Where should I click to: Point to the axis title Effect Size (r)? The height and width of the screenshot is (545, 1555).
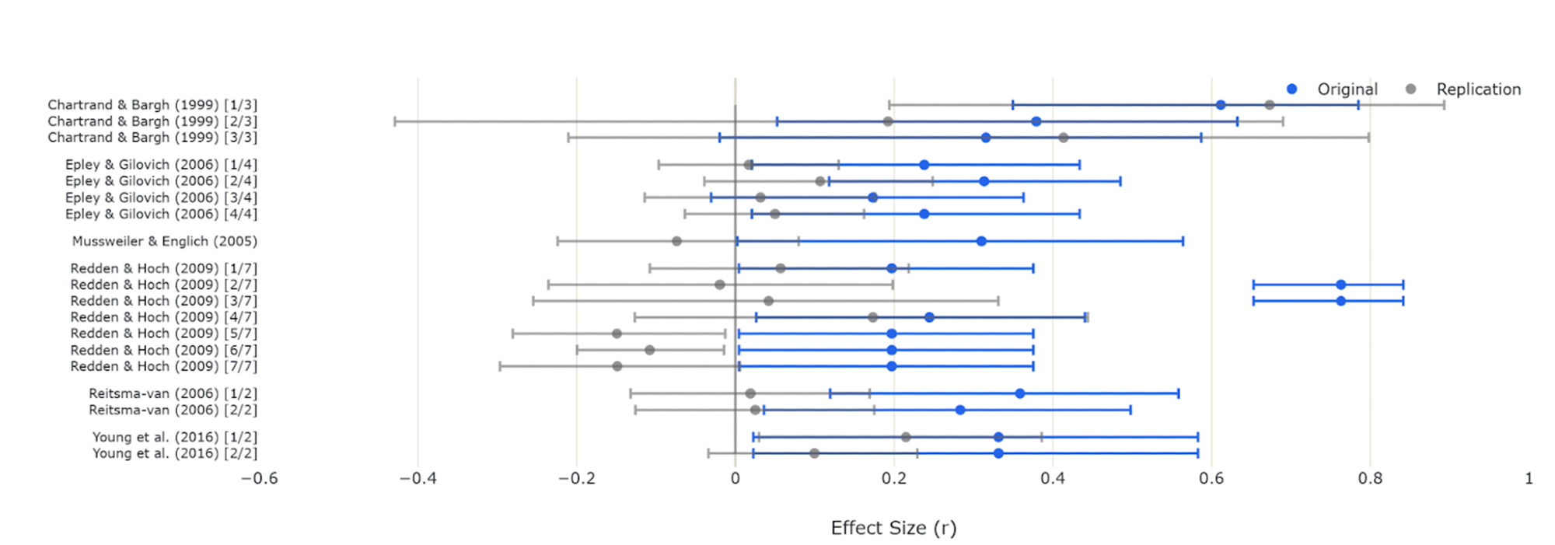[893, 528]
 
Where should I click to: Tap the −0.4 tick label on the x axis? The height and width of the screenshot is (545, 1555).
[418, 478]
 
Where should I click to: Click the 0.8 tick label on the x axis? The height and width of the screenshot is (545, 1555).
[1370, 478]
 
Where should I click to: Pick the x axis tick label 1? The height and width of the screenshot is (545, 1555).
[1529, 478]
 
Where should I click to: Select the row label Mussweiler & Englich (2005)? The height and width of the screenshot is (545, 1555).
[165, 241]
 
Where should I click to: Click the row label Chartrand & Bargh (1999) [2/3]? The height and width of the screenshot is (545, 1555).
[152, 121]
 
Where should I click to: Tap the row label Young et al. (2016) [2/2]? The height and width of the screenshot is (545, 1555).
[175, 453]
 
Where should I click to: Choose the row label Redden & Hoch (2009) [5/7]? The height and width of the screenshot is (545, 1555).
[164, 334]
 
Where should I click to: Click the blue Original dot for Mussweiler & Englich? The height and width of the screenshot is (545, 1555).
[981, 241]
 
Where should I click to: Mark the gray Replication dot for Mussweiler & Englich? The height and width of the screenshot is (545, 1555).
[676, 241]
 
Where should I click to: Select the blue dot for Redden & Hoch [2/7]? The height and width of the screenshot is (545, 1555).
[1340, 285]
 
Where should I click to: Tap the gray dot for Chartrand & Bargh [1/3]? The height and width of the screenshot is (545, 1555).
[1269, 105]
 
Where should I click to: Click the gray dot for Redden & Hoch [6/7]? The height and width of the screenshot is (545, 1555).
[649, 350]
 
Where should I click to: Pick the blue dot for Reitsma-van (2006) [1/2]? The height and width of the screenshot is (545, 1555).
[1020, 393]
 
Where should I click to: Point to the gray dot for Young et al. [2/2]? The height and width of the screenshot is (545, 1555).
[814, 453]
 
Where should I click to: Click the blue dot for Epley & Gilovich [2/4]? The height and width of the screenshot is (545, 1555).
[984, 181]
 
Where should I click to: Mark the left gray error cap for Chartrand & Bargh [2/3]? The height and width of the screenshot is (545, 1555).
[395, 121]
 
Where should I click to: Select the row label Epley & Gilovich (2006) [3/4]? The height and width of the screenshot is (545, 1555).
[161, 197]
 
